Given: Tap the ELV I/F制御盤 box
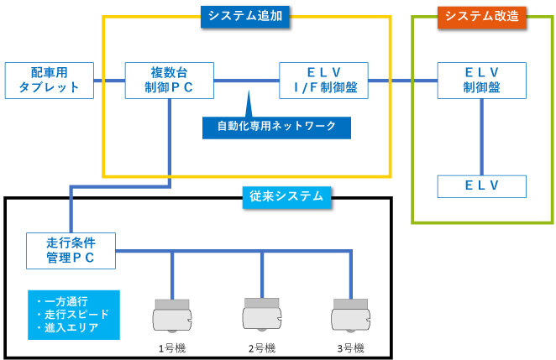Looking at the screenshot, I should [x=324, y=79].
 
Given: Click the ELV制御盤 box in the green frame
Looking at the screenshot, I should [x=482, y=79].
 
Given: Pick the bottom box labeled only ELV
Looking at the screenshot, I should [x=482, y=185].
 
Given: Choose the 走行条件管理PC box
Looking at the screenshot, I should [x=70, y=250].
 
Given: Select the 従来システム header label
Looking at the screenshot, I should [x=286, y=198].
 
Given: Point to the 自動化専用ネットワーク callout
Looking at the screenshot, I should [x=276, y=126].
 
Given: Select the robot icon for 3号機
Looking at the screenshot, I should [x=349, y=313].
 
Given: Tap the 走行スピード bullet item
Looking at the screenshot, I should [x=72, y=314].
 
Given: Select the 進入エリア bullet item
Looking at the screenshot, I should [x=69, y=326].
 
